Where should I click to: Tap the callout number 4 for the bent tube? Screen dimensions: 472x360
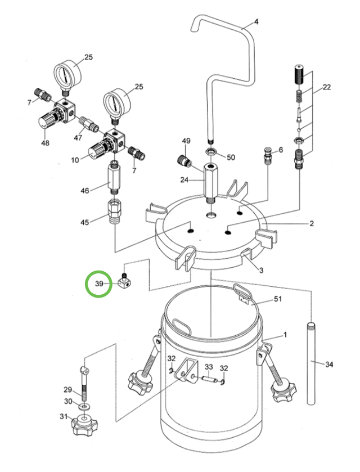(256, 23)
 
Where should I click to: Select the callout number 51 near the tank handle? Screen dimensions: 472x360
(277, 300)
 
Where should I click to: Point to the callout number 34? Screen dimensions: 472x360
(329, 365)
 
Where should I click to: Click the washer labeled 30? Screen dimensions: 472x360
(84, 405)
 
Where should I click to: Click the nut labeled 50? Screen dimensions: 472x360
(210, 153)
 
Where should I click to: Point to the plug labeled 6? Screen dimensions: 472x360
(269, 152)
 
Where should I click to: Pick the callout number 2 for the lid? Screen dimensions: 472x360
(311, 223)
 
